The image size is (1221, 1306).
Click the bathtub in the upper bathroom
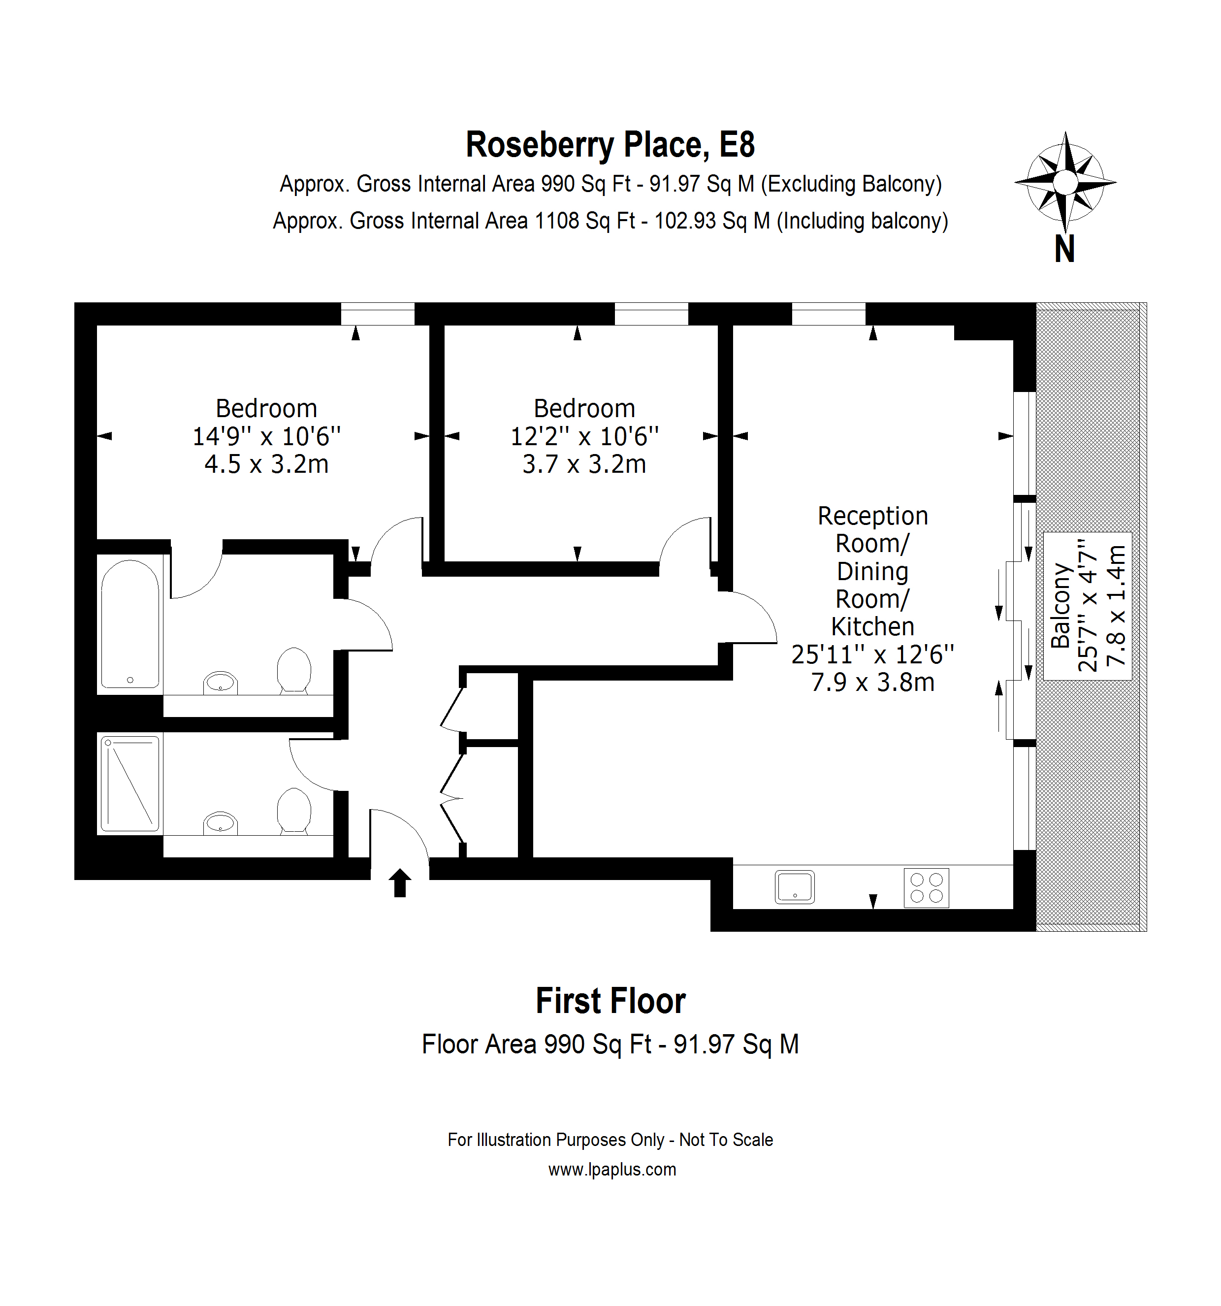[x=130, y=623]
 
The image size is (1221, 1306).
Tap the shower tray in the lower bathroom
[x=130, y=784]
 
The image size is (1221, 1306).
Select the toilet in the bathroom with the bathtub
[x=293, y=670]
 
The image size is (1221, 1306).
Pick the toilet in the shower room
[x=293, y=811]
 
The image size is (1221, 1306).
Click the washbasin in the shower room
[x=220, y=823]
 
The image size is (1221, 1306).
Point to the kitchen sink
[x=795, y=887]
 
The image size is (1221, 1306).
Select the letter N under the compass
[x=1064, y=250]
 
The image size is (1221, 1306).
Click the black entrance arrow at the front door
[x=400, y=882]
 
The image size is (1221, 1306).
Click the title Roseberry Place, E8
[x=610, y=144]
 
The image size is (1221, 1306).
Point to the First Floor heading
[x=611, y=1001]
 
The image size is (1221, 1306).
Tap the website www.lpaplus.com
[x=612, y=1170]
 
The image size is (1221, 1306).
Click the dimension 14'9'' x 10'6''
[x=267, y=436]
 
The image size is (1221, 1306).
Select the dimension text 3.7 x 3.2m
[x=584, y=464]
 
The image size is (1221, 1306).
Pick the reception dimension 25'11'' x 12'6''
[x=873, y=654]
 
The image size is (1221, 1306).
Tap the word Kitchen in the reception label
[x=873, y=627]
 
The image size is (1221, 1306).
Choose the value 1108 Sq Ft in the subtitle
[x=585, y=221]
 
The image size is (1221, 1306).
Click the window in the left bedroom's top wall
[x=378, y=314]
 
